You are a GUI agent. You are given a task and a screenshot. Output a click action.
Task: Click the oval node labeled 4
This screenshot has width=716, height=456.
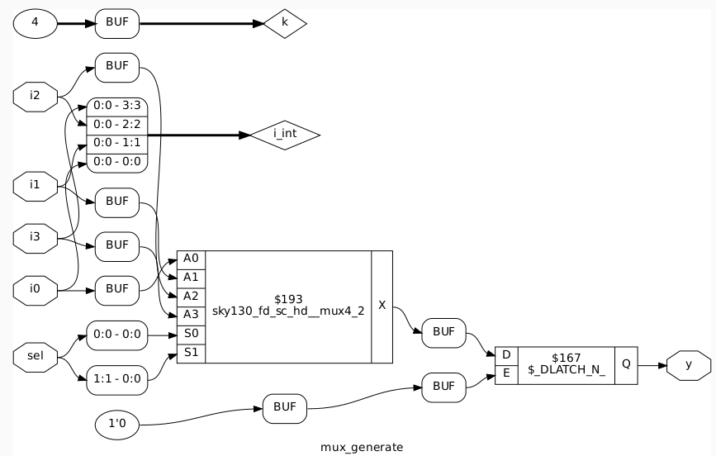pyautogui.click(x=35, y=23)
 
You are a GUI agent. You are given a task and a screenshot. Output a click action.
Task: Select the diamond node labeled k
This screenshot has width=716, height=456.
pyautogui.click(x=285, y=23)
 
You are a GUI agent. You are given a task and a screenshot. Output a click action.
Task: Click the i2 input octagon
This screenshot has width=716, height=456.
pyautogui.click(x=35, y=96)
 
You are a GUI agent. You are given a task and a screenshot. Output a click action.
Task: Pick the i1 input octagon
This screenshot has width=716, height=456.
pyautogui.click(x=35, y=184)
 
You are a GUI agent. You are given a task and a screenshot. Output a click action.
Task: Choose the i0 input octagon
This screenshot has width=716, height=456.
pyautogui.click(x=35, y=289)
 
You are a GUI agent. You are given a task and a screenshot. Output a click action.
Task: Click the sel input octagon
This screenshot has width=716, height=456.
pyautogui.click(x=35, y=357)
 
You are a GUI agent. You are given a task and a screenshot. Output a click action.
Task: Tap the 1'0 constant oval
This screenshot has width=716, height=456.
pyautogui.click(x=117, y=425)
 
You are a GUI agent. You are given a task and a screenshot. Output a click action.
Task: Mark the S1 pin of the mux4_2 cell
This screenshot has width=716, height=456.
pyautogui.click(x=191, y=353)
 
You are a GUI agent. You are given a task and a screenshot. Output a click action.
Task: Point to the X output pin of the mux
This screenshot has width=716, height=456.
pyautogui.click(x=382, y=306)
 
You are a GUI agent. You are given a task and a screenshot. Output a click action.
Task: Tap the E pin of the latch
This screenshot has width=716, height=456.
pyautogui.click(x=505, y=373)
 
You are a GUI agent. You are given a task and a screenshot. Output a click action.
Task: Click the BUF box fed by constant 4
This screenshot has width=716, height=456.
pyautogui.click(x=117, y=23)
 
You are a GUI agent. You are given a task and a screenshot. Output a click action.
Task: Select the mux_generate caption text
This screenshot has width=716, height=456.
pyautogui.click(x=362, y=447)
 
